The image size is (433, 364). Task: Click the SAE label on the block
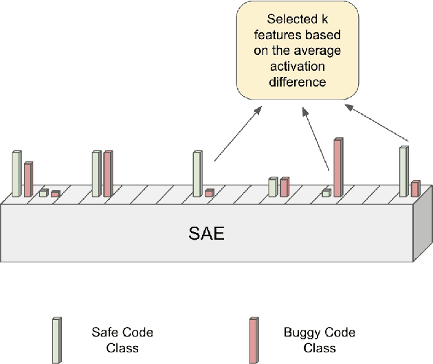coord(206,233)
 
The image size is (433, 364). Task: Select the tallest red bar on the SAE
coord(337,167)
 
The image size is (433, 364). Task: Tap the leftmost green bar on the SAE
coord(16,174)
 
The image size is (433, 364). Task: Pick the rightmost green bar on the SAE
coord(403,171)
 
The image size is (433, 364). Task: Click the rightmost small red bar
coord(415,188)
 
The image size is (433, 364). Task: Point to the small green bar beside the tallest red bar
coord(326,193)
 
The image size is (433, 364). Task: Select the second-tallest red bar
coord(108,174)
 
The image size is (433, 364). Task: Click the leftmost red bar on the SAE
coord(27,179)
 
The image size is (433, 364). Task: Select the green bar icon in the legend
coord(56,339)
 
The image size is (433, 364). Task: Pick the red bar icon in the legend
coord(254,339)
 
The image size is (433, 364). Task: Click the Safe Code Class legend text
coord(122,340)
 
